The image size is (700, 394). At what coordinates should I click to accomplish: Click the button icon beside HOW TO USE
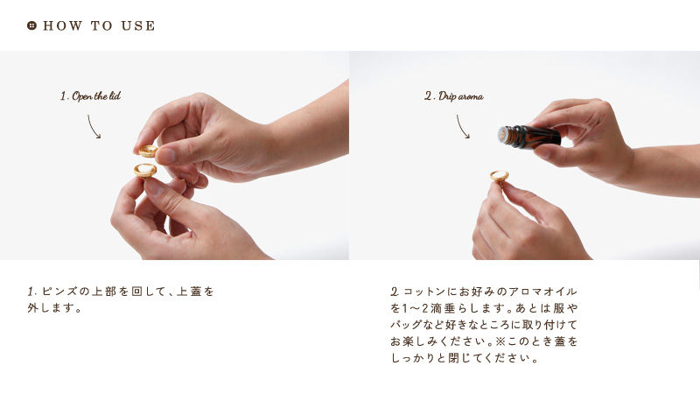coord(31,25)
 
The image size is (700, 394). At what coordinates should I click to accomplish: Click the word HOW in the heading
coord(62,26)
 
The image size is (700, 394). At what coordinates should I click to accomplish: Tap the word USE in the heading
coord(138,26)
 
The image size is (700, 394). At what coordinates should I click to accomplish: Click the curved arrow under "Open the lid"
coord(93,127)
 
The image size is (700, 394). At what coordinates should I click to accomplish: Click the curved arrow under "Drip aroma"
coord(462,127)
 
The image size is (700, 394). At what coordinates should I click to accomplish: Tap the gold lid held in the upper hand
coord(148,151)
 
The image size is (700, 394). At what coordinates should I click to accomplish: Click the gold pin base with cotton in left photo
coord(145,170)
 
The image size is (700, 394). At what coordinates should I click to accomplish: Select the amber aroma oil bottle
coord(529,137)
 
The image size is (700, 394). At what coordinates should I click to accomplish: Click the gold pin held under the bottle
coord(499,176)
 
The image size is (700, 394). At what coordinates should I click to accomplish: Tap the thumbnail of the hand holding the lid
coord(165,156)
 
